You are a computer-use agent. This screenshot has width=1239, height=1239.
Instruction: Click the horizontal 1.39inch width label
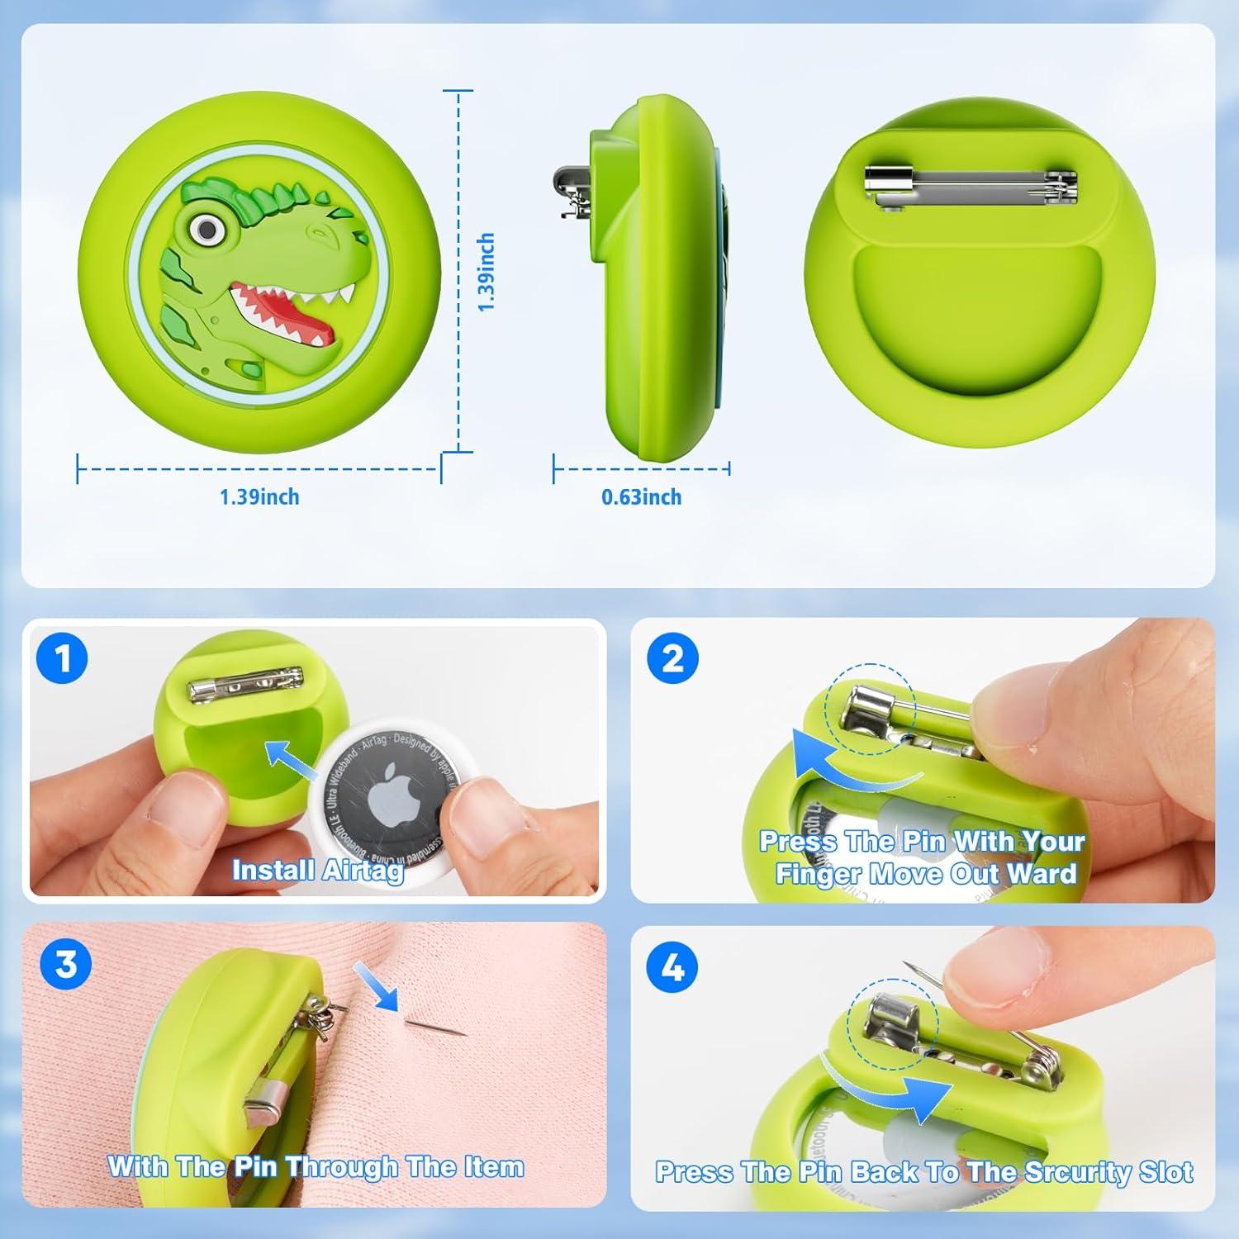coord(259,497)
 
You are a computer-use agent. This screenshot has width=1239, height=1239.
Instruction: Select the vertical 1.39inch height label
coord(487,272)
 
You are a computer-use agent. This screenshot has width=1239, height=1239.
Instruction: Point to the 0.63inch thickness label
coord(641,497)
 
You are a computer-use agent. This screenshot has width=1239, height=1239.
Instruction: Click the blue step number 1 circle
coord(63,659)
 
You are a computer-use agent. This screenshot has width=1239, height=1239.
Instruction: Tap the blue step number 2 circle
coord(673,658)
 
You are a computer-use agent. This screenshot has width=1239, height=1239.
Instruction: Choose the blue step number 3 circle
coord(66,964)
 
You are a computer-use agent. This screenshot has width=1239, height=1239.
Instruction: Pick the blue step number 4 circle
coord(673,967)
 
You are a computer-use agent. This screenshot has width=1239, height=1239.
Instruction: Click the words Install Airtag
coord(318,871)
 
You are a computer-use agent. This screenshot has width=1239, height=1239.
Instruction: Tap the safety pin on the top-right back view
coord(971,184)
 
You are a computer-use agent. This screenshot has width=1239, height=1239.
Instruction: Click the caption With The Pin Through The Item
coord(316,1166)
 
